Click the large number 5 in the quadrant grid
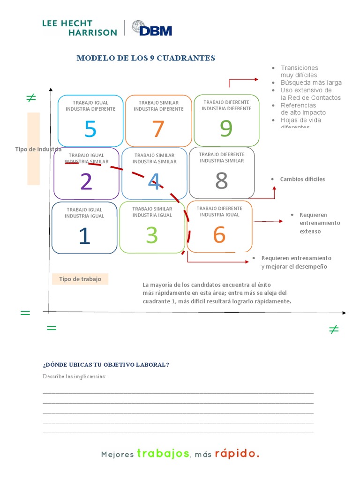pyautogui.click(x=90, y=129)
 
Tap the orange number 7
pyautogui.click(x=158, y=129)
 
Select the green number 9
pyautogui.click(x=226, y=128)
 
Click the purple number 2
pyautogui.click(x=86, y=182)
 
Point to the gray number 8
pyautogui.click(x=221, y=180)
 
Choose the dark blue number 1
pyautogui.click(x=84, y=236)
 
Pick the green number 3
pyautogui.click(x=151, y=235)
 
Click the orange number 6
pyautogui.click(x=219, y=235)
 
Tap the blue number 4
pyautogui.click(x=154, y=181)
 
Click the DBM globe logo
pyautogui.click(x=139, y=28)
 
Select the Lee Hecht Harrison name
pyautogui.click(x=79, y=28)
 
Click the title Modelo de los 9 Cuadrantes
pyautogui.click(x=146, y=58)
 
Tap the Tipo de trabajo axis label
pyautogui.click(x=80, y=279)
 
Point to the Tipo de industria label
pyautogui.click(x=38, y=149)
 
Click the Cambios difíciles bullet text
pyautogui.click(x=302, y=179)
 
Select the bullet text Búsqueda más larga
pyautogui.click(x=311, y=82)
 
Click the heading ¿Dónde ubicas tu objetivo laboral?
pyautogui.click(x=106, y=365)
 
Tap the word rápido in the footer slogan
pyautogui.click(x=238, y=454)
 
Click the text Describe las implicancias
pyautogui.click(x=75, y=376)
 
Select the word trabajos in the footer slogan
pyautogui.click(x=163, y=454)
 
